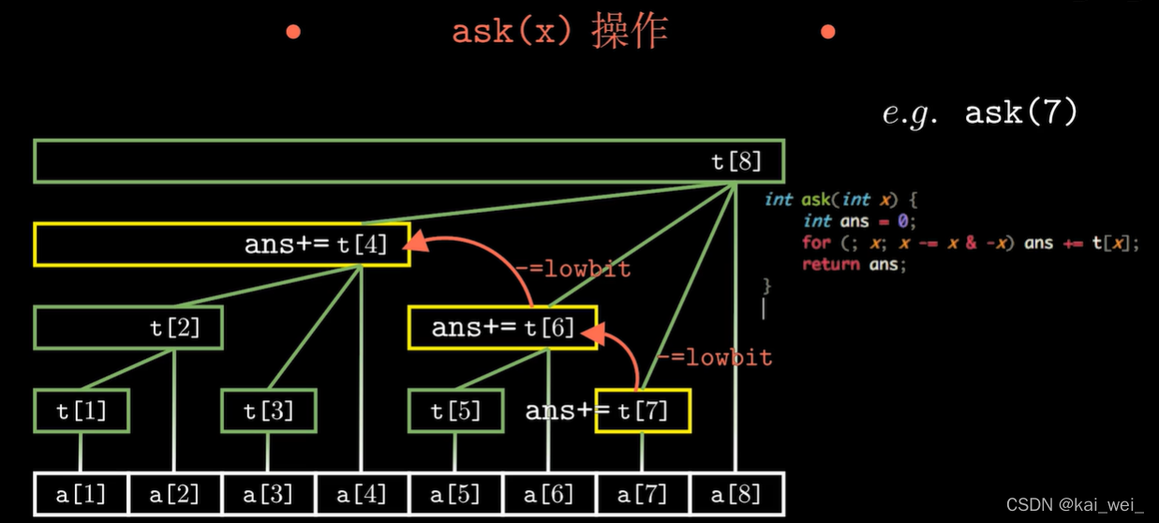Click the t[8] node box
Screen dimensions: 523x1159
[408, 161]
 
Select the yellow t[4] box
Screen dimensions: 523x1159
[221, 245]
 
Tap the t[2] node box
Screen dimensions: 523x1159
[127, 328]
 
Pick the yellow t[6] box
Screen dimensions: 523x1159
[502, 328]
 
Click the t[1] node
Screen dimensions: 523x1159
[82, 411]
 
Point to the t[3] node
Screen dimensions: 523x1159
[269, 411]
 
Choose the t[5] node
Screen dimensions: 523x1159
[455, 411]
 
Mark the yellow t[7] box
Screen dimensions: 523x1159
[644, 411]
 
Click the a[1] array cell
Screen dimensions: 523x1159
[82, 494]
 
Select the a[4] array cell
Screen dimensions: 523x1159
[362, 494]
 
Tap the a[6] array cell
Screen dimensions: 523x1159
[549, 494]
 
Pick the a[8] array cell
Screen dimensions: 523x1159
[736, 494]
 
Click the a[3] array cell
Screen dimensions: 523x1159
[269, 494]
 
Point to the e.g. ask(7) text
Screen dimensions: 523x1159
[980, 113]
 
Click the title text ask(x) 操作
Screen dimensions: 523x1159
[559, 32]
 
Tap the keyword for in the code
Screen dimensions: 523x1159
[816, 243]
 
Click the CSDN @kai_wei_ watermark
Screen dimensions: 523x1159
[1076, 505]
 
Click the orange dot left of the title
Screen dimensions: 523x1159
[293, 32]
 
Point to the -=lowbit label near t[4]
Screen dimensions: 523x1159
[572, 269]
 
